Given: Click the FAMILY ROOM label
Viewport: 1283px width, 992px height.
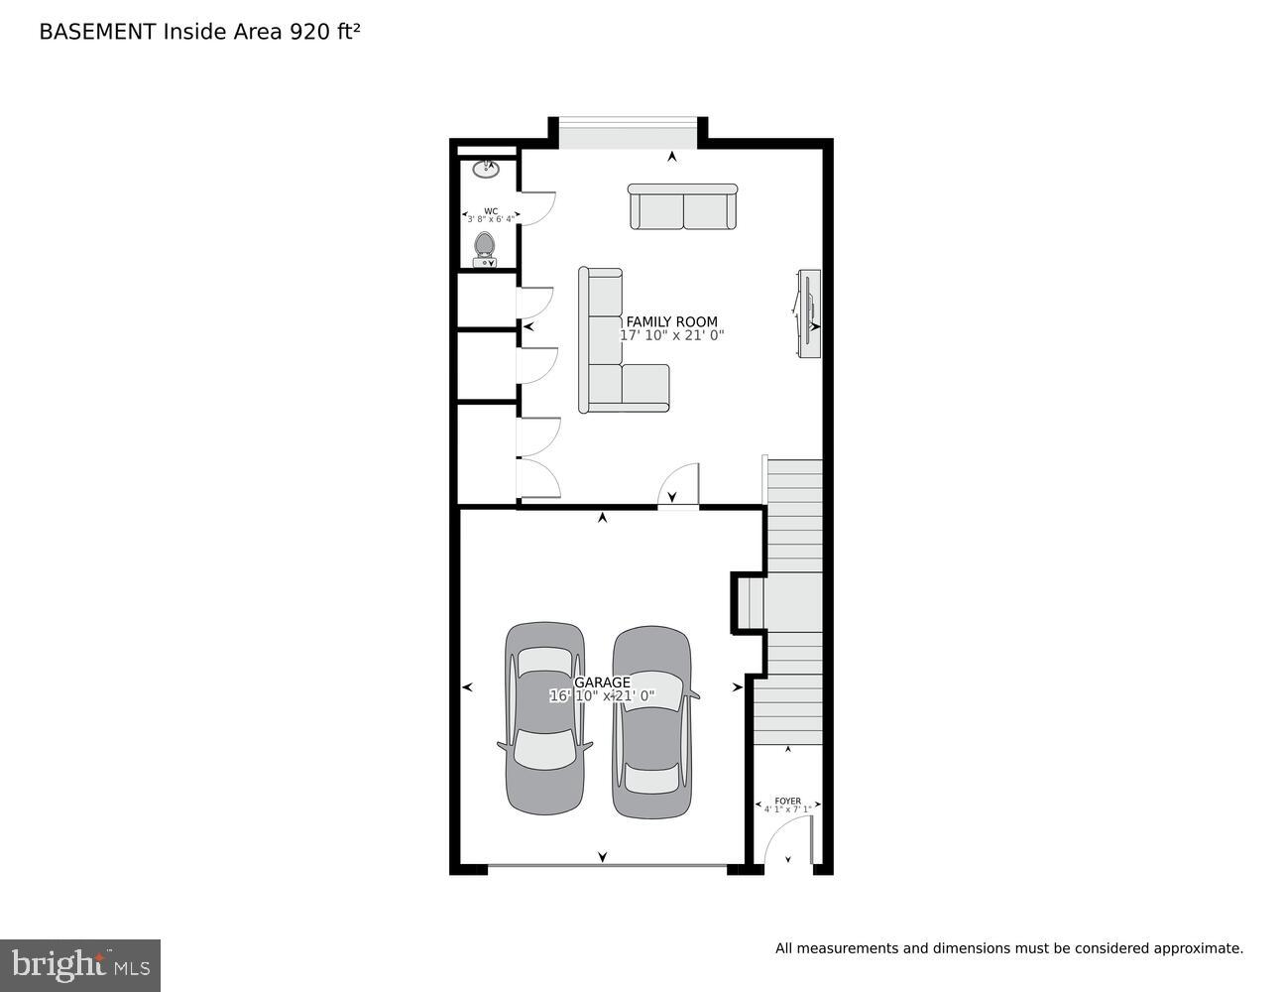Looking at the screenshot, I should click(671, 321).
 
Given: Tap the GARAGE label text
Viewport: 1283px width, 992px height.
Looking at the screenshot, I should click(602, 682).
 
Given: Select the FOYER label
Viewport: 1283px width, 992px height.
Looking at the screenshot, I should click(787, 801).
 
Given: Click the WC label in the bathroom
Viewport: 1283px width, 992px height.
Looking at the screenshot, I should click(491, 211).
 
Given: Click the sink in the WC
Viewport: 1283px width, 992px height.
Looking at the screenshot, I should click(485, 169).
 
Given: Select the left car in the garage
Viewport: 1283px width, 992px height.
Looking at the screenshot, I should click(544, 718).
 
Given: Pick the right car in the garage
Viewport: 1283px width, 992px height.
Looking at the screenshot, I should click(651, 722).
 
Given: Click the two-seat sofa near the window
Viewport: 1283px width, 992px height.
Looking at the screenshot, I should click(682, 206).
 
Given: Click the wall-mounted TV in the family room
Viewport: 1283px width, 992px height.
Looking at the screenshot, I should click(809, 313).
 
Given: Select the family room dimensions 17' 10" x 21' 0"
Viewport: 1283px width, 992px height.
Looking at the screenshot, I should click(671, 335).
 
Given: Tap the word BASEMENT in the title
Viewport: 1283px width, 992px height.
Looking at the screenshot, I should click(97, 32).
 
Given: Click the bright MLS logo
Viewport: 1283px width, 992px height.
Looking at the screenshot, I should click(80, 965).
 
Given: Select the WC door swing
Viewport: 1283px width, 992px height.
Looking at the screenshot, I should click(536, 207).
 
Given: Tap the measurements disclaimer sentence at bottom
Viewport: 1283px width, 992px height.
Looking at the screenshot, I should click(1008, 948).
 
